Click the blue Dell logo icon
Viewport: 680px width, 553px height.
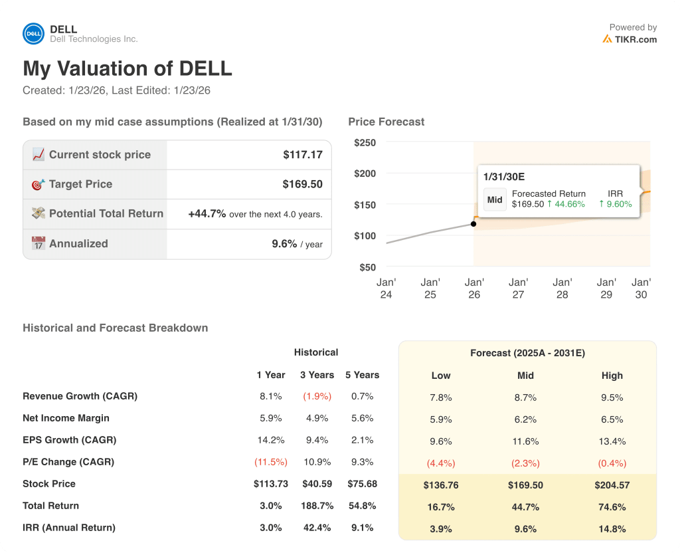pos(33,34)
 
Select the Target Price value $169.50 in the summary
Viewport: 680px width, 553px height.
pos(302,184)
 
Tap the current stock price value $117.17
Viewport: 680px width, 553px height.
pos(302,155)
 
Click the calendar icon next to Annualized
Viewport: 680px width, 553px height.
pos(38,243)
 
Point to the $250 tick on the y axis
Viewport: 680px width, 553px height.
pos(365,143)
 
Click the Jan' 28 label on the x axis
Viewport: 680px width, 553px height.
pos(562,288)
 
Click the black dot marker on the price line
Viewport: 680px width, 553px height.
pos(473,224)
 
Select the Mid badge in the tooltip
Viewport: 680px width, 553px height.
pos(495,199)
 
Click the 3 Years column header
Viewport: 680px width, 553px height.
pos(316,375)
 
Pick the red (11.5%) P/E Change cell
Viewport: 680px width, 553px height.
pos(270,462)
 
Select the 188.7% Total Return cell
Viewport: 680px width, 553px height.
pos(317,506)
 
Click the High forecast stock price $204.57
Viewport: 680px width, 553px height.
pos(612,485)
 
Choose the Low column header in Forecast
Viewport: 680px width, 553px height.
pos(441,376)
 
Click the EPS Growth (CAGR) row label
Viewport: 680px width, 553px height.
pos(69,440)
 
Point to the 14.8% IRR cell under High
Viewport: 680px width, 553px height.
pos(612,529)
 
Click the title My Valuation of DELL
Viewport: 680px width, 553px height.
pos(127,68)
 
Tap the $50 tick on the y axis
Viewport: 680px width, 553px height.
pos(367,267)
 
